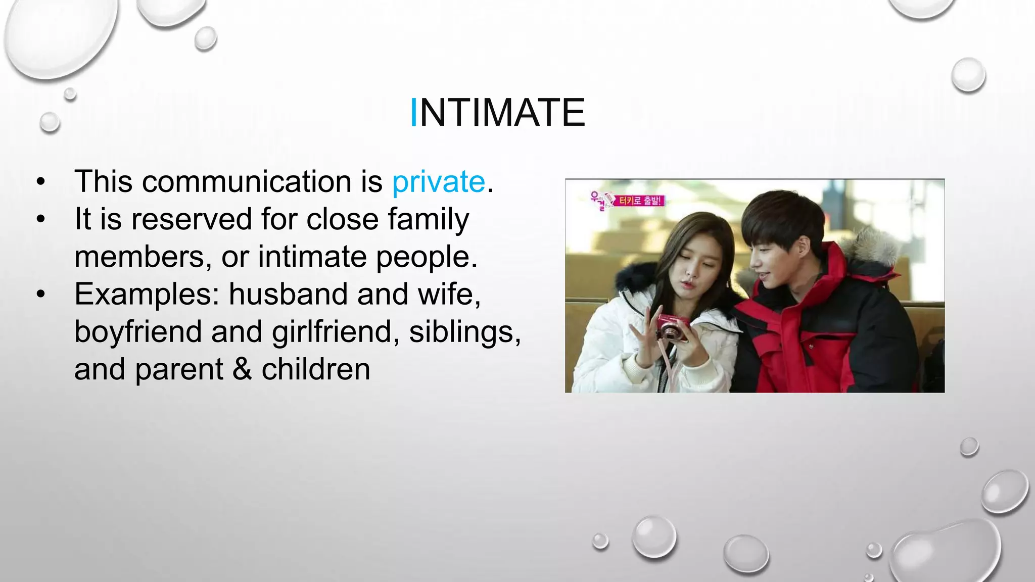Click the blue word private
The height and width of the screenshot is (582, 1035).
click(438, 182)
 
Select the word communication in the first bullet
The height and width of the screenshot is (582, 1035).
click(246, 182)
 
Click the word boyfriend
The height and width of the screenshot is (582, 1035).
click(137, 332)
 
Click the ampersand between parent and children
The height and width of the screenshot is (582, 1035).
click(242, 369)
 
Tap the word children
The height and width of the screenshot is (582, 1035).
click(316, 369)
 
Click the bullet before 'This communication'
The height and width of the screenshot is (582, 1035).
click(41, 182)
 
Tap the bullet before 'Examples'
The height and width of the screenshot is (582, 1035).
click(41, 294)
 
